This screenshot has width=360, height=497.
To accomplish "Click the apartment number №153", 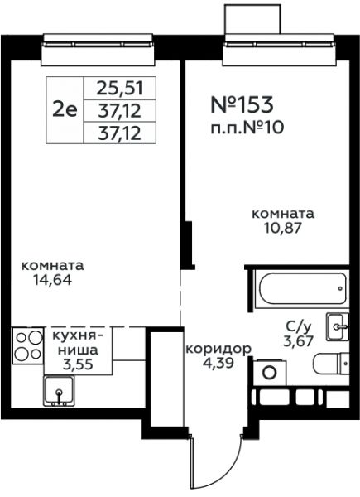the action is pyautogui.click(x=242, y=104).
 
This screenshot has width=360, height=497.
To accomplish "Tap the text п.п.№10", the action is pyautogui.click(x=247, y=128).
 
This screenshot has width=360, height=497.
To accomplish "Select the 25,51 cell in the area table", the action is pyautogui.click(x=120, y=88).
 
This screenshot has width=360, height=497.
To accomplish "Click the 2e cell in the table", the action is pyautogui.click(x=65, y=110).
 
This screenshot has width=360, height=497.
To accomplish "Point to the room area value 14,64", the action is pyautogui.click(x=53, y=280).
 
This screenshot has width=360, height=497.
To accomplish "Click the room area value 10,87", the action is pyautogui.click(x=283, y=228).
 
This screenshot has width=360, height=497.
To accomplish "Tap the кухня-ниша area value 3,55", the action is pyautogui.click(x=78, y=364).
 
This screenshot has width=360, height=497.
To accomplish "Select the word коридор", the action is pyautogui.click(x=218, y=350).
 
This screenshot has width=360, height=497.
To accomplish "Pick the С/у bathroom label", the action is pyautogui.click(x=299, y=326).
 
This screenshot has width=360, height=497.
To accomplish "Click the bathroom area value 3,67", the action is pyautogui.click(x=299, y=341).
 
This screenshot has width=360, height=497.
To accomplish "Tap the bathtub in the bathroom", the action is pyautogui.click(x=302, y=288).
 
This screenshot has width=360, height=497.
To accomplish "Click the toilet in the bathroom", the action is pyautogui.click(x=331, y=364).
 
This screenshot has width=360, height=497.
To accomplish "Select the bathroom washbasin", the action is pyautogui.click(x=338, y=327).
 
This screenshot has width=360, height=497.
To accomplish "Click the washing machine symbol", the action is pyautogui.click(x=270, y=373).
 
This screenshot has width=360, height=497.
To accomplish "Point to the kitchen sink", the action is pyautogui.click(x=59, y=391).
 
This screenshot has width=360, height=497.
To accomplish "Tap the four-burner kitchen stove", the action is pyautogui.click(x=28, y=345).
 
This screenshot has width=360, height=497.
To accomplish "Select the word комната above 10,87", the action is pyautogui.click(x=283, y=214).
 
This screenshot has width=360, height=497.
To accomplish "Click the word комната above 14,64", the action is pyautogui.click(x=53, y=266).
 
